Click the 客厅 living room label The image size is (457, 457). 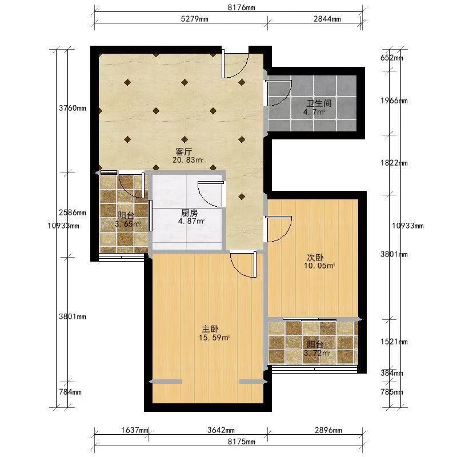[x=183, y=152]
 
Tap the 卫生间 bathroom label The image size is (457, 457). [x=319, y=103]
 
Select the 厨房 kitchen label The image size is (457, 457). [x=190, y=213]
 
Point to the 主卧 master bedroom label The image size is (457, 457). [x=210, y=329]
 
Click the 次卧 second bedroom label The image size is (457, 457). [x=315, y=258]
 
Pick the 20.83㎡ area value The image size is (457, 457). [x=188, y=160]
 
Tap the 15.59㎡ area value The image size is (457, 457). [x=214, y=338]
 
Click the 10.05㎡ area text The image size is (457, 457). [x=319, y=266]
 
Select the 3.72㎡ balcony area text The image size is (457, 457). [x=317, y=353]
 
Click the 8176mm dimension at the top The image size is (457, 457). [x=241, y=7]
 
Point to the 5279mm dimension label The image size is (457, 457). [x=195, y=19]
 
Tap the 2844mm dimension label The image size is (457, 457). [x=327, y=19]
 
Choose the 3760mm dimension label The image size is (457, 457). [x=73, y=108]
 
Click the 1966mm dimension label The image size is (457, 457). [x=394, y=101]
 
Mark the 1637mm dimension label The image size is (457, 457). [x=135, y=430]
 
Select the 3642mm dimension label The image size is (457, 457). [x=221, y=430]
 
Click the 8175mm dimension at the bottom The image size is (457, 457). [x=241, y=442]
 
